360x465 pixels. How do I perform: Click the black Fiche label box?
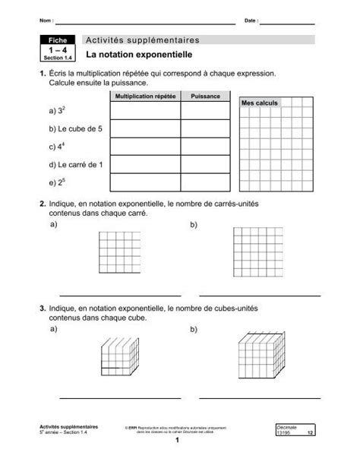pyautogui.click(x=57, y=40)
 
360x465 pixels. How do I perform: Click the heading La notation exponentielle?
pyautogui.click(x=139, y=55)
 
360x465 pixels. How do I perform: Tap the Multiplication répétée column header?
pyautogui.click(x=144, y=96)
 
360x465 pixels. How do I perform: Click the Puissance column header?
pyautogui.click(x=205, y=96)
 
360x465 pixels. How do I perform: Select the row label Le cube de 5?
pyautogui.click(x=71, y=129)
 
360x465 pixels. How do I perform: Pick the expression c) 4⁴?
pyautogui.click(x=55, y=147)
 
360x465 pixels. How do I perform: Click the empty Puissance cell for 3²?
pyautogui.click(x=205, y=111)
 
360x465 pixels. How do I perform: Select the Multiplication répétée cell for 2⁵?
pyautogui.click(x=144, y=182)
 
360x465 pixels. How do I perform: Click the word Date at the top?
pyautogui.click(x=251, y=18)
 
